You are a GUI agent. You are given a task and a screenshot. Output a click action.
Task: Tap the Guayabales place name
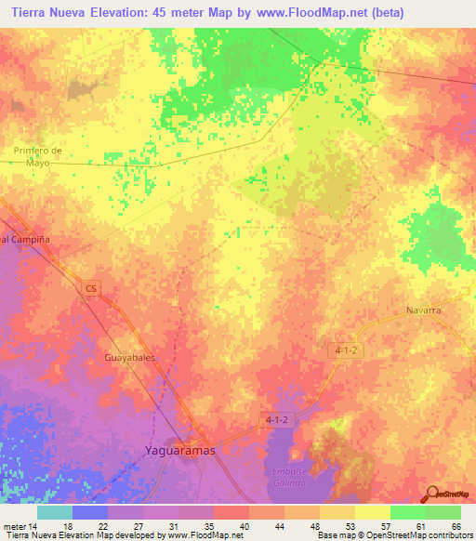(x=131, y=356)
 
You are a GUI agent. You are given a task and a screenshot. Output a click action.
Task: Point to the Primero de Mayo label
(x=37, y=155)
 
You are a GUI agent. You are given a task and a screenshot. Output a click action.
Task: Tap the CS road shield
(x=90, y=289)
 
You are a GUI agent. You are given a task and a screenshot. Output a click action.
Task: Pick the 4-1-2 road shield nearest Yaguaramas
(x=276, y=419)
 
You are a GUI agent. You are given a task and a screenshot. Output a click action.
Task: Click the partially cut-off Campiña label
(x=24, y=239)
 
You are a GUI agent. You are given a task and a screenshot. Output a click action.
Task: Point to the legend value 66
(x=456, y=525)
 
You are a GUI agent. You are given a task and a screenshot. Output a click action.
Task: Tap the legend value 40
(x=245, y=525)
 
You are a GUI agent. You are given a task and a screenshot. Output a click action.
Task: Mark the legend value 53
(x=350, y=525)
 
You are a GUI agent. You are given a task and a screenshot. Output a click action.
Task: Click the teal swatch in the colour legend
(x=55, y=512)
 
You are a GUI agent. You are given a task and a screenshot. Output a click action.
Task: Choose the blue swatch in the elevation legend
(x=90, y=512)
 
